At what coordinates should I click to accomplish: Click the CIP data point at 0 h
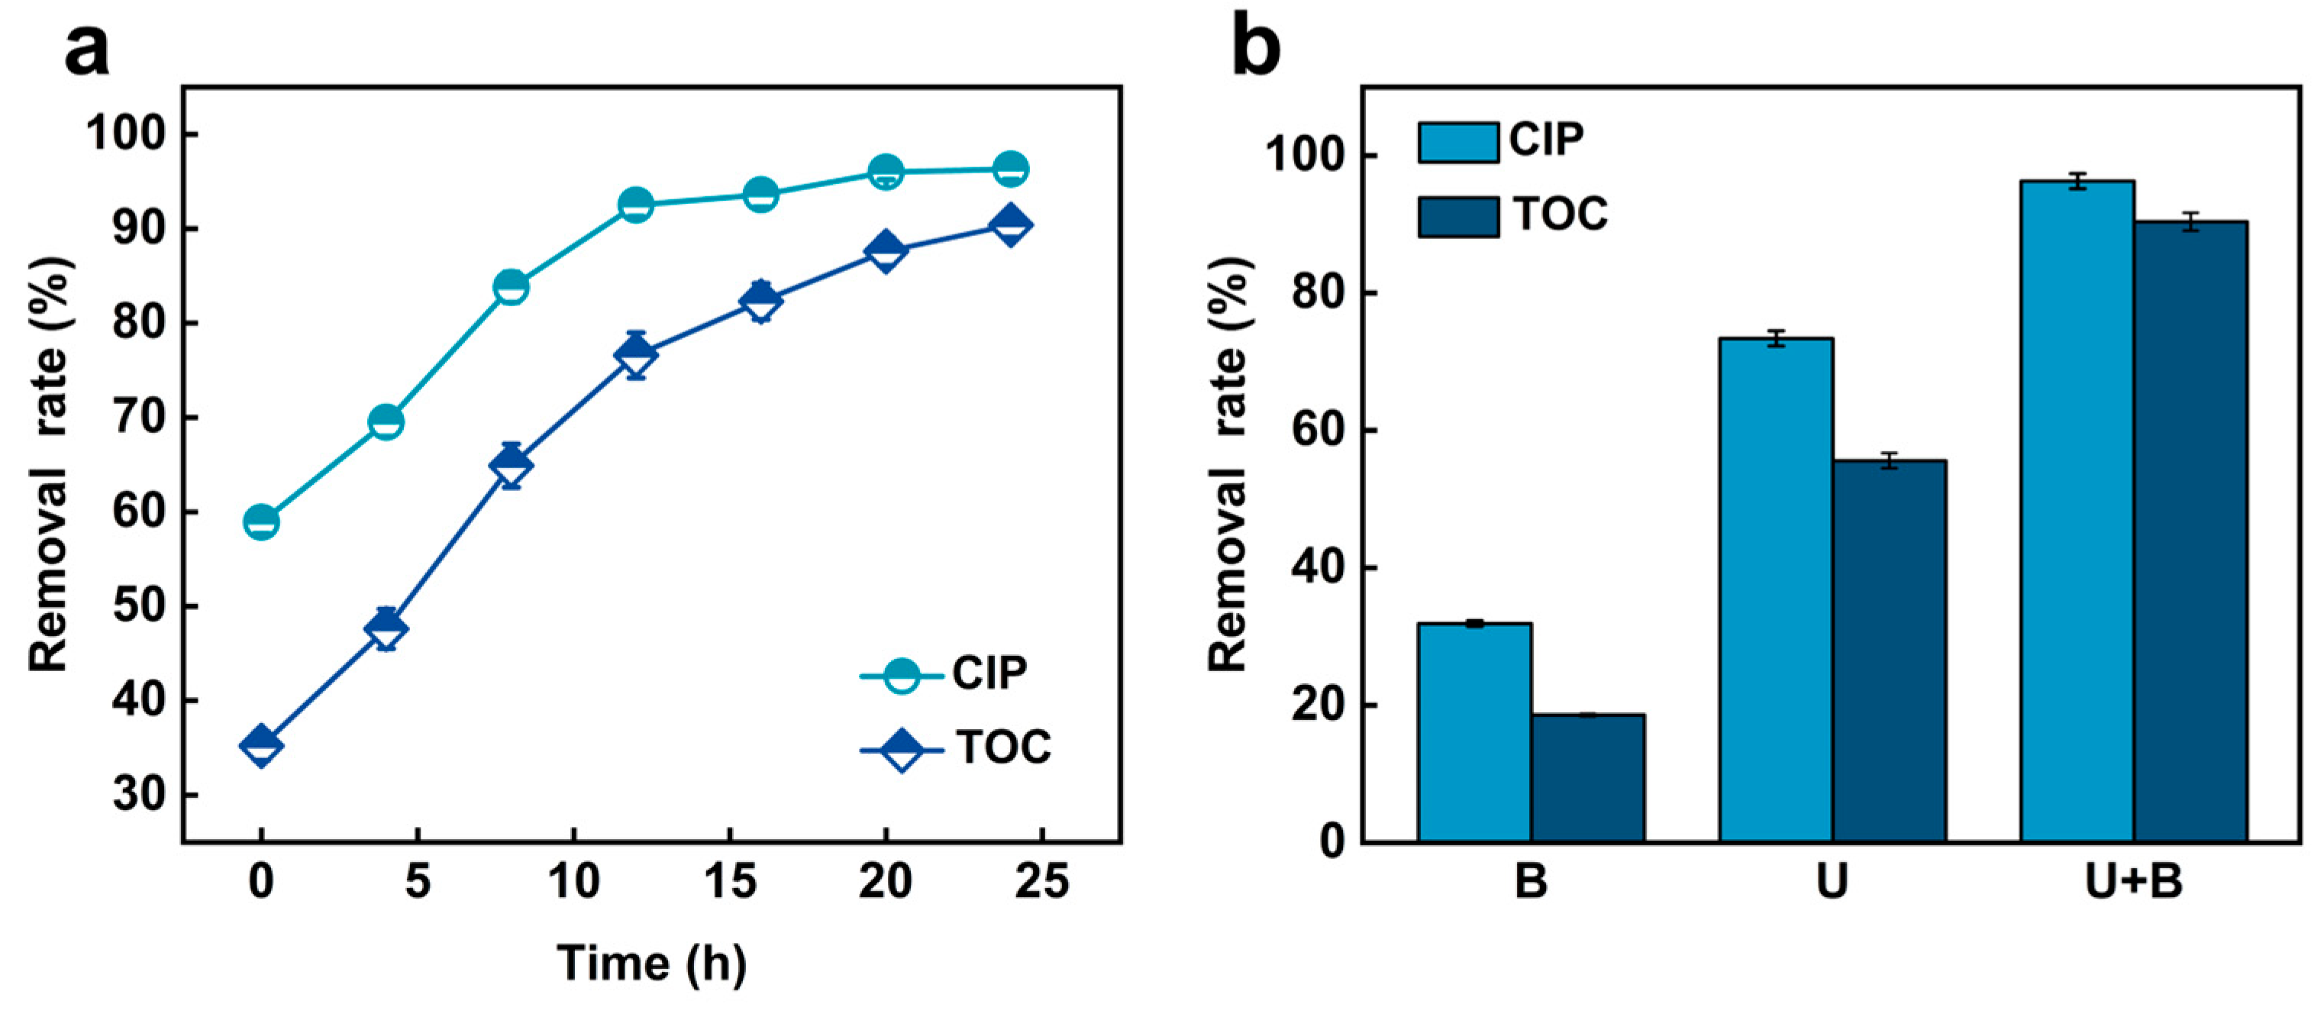pos(261,521)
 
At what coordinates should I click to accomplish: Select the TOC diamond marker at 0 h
pos(261,745)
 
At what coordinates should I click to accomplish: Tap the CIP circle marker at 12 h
pos(636,205)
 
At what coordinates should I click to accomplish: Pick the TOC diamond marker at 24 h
pos(1010,224)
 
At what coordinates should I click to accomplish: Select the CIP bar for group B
pos(1474,732)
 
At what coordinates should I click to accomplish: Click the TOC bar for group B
pos(1588,778)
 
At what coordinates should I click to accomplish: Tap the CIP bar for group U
pos(1776,590)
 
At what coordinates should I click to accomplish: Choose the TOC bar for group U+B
pos(2190,531)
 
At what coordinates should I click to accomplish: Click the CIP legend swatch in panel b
pos(1458,143)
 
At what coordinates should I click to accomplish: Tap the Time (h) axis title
pos(651,964)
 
